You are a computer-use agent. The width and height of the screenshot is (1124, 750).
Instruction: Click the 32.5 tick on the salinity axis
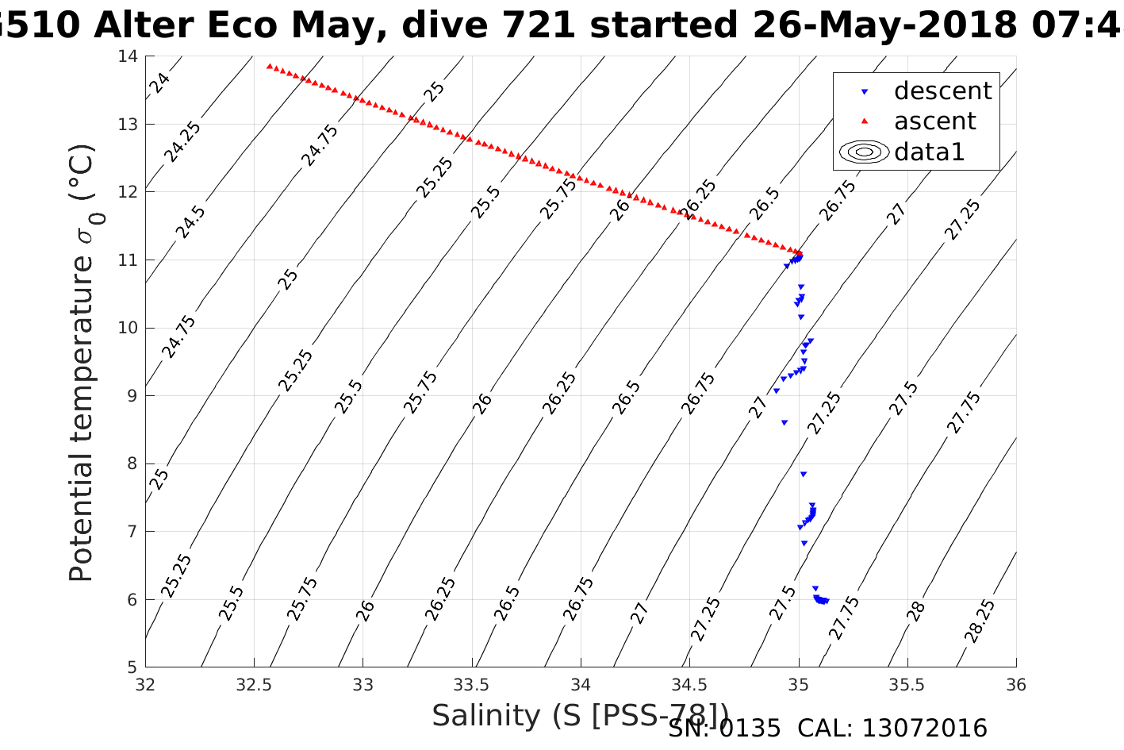tap(254, 684)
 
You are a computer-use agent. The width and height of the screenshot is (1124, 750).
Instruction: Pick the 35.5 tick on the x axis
tap(907, 684)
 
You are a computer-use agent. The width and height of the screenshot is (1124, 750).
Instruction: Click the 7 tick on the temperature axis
tap(132, 532)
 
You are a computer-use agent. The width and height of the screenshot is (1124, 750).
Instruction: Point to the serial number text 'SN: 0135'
tap(724, 729)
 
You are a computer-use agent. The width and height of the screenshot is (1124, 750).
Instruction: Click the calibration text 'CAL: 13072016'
tap(892, 729)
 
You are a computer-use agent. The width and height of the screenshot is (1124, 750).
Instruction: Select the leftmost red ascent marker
tap(270, 66)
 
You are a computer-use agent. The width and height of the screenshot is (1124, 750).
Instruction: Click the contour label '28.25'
tap(980, 621)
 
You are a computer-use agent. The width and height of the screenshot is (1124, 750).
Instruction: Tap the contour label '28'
tap(916, 611)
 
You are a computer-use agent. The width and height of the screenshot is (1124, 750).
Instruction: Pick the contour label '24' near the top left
tap(160, 83)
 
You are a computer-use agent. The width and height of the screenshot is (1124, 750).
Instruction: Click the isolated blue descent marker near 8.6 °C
tap(784, 423)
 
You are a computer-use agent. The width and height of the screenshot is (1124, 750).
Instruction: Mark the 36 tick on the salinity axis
tap(1016, 684)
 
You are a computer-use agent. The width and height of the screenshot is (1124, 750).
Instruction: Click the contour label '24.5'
tap(190, 222)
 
